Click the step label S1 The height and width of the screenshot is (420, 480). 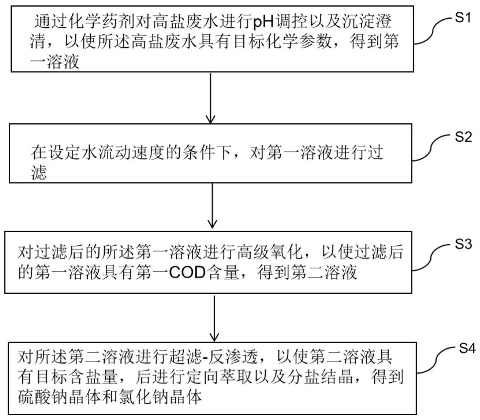pos(463,18)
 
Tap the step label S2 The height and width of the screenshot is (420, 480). pos(463,136)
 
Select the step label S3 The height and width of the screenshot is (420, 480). pos(463,244)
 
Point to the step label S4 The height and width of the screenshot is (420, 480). pos(467,348)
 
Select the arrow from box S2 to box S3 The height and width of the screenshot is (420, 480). pos(212,206)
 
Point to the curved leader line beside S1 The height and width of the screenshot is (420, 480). pos(433,31)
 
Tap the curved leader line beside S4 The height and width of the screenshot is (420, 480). pos(436,361)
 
